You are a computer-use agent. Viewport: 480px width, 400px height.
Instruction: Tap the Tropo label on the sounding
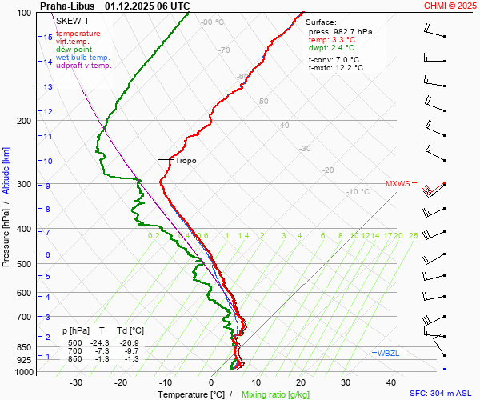(186, 160)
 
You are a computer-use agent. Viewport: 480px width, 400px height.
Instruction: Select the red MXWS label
(398, 183)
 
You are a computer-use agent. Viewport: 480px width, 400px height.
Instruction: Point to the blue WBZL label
(388, 353)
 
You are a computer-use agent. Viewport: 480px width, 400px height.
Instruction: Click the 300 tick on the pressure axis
(24, 185)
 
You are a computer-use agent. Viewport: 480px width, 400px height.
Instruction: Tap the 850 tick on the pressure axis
(24, 348)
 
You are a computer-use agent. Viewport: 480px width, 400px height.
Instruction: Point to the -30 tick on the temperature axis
(76, 382)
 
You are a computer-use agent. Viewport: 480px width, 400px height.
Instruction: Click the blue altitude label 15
(48, 37)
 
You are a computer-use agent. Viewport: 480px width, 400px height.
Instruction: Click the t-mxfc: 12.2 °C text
(336, 68)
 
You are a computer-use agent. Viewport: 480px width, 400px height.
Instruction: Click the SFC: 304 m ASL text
(442, 394)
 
